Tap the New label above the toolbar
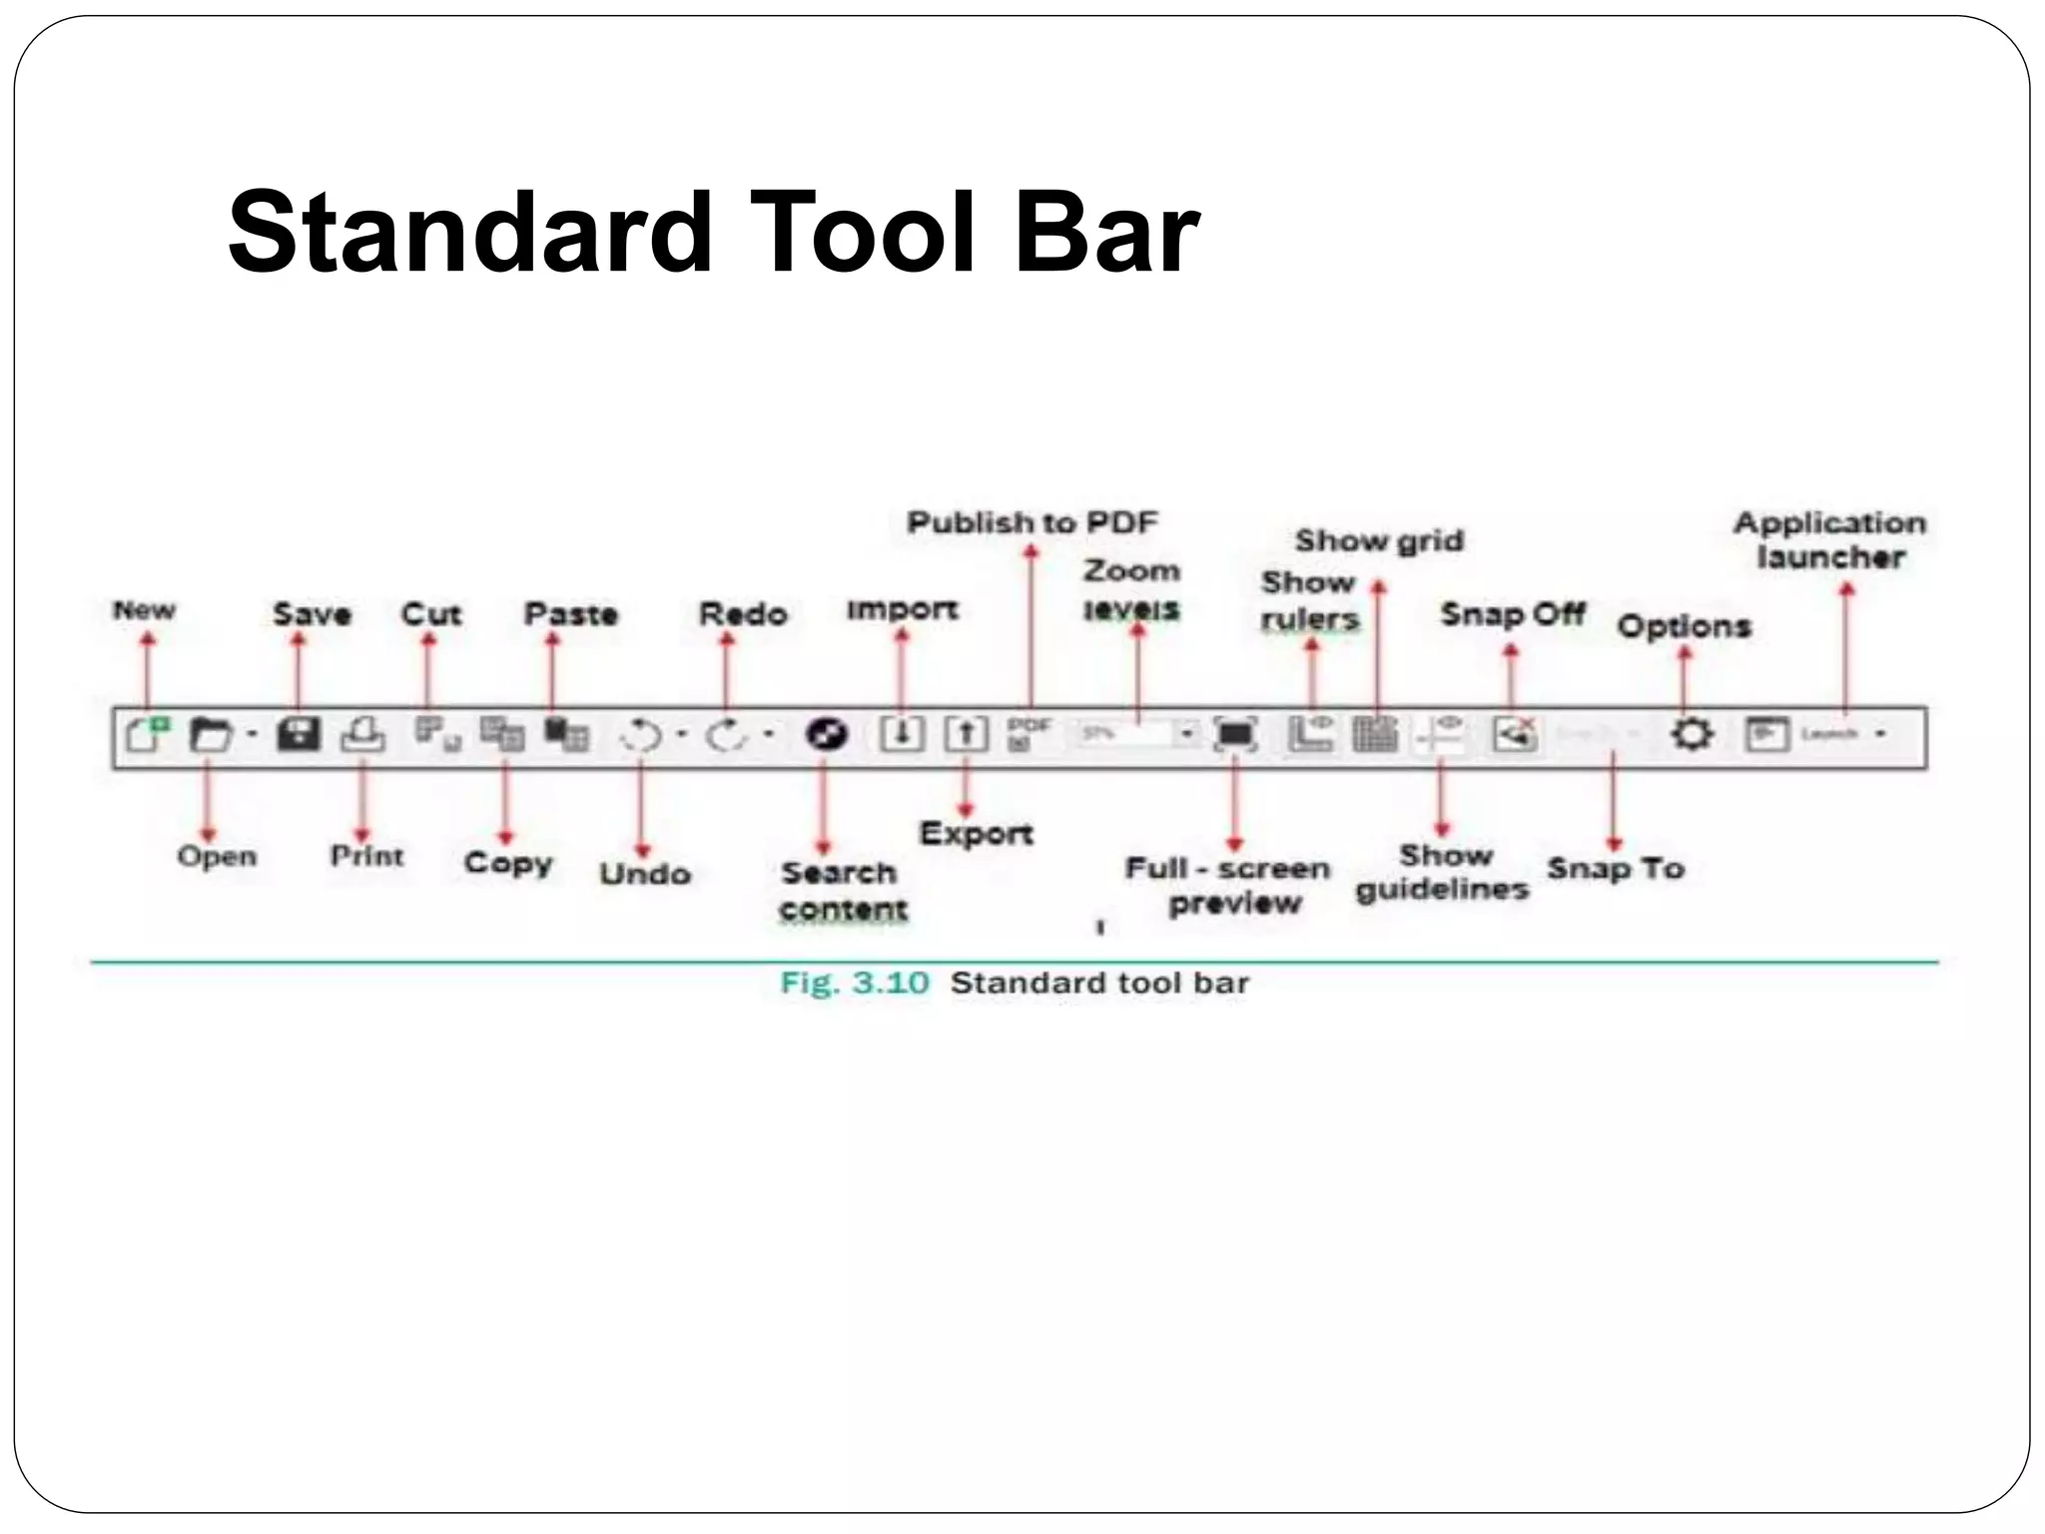click(144, 610)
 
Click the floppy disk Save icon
click(298, 735)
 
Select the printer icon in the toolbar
click(363, 735)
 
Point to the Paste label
click(571, 614)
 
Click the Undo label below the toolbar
click(645, 874)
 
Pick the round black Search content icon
click(826, 735)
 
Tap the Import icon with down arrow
click(901, 735)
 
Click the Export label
click(976, 834)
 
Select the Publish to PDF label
click(1031, 522)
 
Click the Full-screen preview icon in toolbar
click(1235, 735)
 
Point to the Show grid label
click(1379, 541)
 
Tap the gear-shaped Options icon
click(1692, 735)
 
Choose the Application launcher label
click(1830, 540)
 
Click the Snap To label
click(1616, 869)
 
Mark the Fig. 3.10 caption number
click(855, 984)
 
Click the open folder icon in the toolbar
click(211, 735)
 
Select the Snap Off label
click(1512, 614)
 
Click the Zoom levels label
click(1131, 589)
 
